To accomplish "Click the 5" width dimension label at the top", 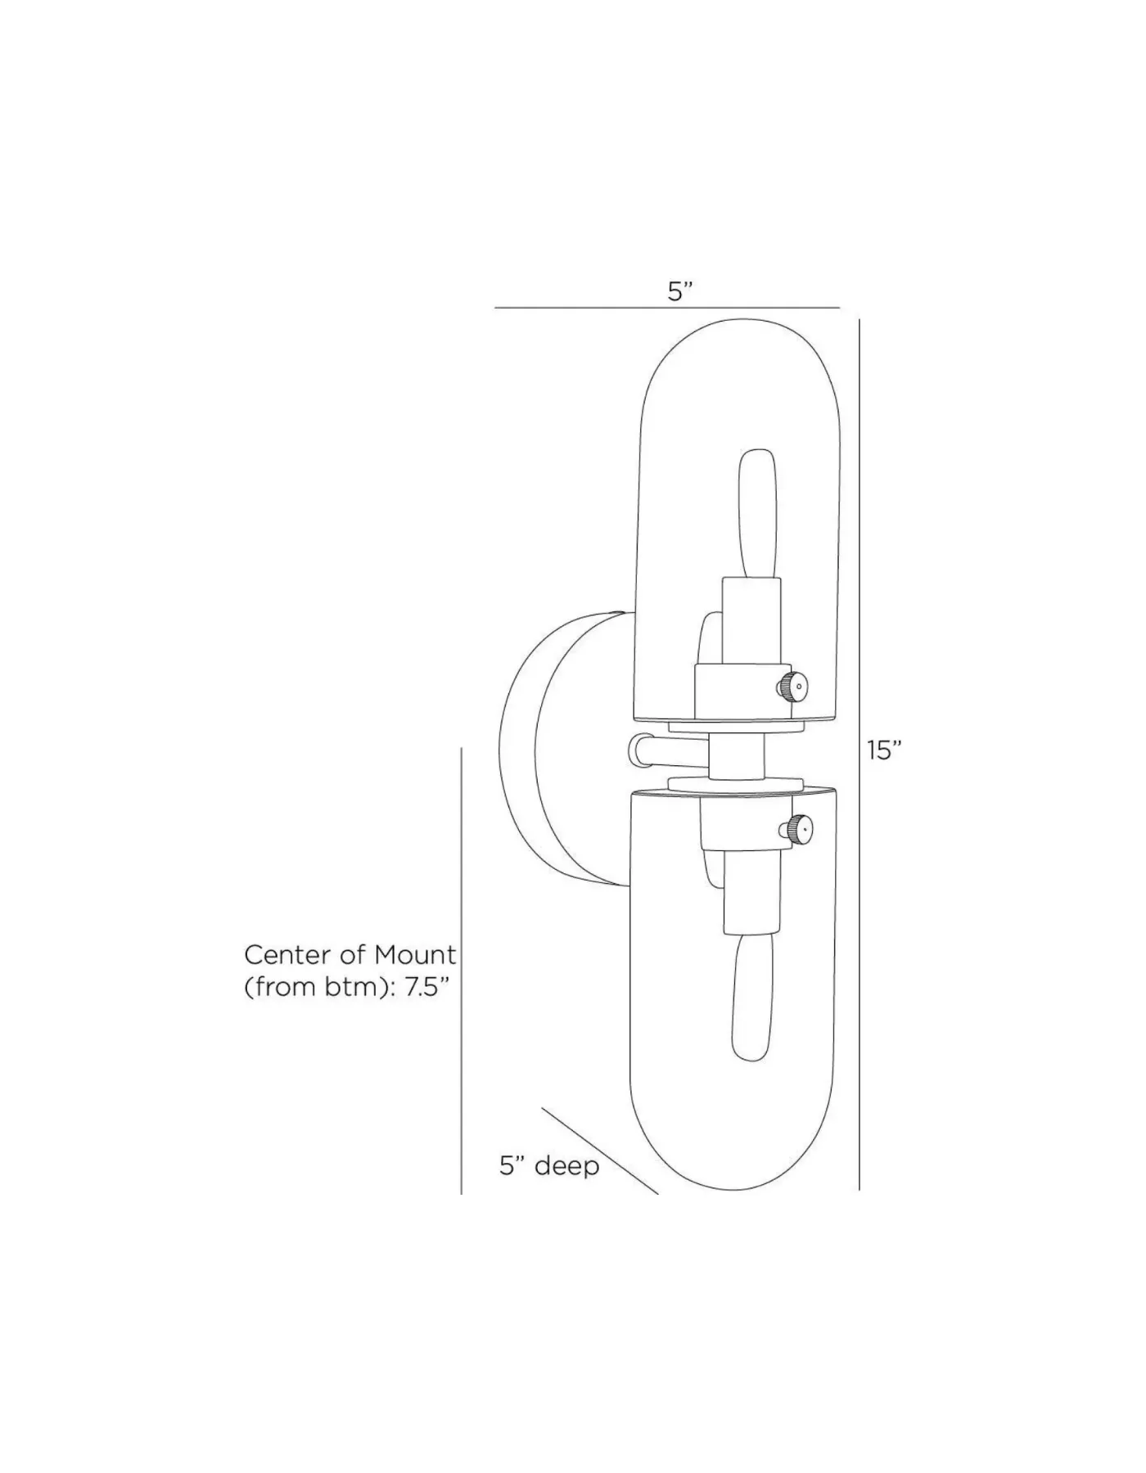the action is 680,291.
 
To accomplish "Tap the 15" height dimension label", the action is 884,750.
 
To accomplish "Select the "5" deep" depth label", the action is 549,1165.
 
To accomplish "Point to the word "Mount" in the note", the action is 416,954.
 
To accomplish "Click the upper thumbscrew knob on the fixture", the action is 792,684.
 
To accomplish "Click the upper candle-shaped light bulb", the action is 757,513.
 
